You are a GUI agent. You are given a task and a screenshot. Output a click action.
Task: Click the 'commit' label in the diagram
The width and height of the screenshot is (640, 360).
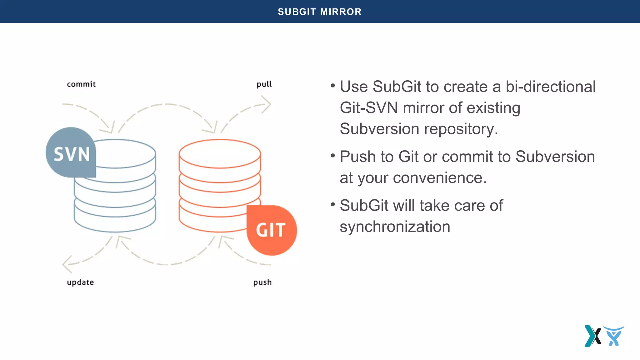point(81,84)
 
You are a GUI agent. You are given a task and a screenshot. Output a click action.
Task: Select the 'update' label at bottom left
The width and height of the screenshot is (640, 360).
point(80,282)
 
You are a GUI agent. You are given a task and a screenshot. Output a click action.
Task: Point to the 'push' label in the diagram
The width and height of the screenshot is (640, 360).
point(262,282)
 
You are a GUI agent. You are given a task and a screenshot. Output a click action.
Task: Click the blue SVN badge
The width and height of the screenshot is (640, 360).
point(71,153)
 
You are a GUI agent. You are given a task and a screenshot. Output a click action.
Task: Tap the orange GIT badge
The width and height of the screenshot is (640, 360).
point(271,230)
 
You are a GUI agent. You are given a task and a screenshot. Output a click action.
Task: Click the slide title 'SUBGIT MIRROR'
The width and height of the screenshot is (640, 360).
point(320,12)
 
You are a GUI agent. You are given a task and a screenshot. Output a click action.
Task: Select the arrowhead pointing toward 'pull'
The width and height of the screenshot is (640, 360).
point(266,104)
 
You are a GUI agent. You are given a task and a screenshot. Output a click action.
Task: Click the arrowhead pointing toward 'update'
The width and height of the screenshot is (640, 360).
point(67,264)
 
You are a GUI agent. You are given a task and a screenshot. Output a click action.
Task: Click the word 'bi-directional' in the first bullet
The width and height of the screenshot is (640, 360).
point(551,87)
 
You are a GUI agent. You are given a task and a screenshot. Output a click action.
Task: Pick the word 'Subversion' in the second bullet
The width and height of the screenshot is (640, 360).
point(555,157)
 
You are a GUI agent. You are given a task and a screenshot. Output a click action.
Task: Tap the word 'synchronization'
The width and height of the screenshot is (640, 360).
point(395,227)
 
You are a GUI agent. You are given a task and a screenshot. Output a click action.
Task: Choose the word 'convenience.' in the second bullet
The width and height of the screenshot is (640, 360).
point(440,178)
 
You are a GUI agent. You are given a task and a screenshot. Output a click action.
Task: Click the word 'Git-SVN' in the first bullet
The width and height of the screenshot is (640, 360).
point(369,108)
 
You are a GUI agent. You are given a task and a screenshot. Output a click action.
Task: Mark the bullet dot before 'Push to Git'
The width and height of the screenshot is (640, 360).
point(333,155)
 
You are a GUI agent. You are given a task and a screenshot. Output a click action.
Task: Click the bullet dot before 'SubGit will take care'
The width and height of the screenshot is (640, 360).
point(333,204)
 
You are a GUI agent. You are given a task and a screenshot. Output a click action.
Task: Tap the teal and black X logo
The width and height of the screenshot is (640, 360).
point(592,336)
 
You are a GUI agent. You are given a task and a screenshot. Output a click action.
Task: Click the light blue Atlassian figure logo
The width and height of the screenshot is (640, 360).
point(614,336)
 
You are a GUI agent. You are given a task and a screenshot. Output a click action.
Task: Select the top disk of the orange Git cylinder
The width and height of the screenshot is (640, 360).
point(220,154)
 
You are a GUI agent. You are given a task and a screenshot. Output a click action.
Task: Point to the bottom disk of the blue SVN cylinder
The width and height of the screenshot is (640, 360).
point(115,219)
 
